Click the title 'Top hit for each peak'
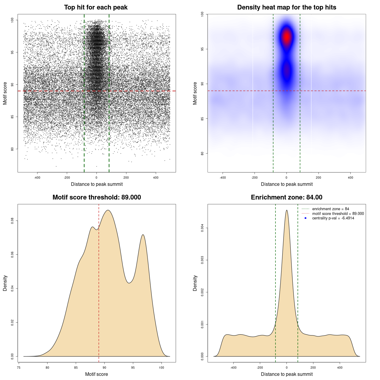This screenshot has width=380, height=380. (96, 7)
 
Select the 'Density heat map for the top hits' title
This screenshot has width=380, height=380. (286, 7)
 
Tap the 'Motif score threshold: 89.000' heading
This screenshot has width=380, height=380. (96, 197)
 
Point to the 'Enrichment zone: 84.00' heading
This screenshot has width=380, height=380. (286, 197)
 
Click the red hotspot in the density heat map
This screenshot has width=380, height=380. (286, 37)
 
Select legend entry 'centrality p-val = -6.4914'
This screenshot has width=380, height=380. (333, 218)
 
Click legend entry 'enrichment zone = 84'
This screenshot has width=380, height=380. (330, 209)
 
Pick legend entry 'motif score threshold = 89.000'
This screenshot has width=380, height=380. (338, 214)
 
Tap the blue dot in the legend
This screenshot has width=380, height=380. (305, 218)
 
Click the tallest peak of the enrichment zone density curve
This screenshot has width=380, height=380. (286, 210)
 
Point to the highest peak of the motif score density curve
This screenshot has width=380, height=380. (108, 210)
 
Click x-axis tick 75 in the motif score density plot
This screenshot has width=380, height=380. (19, 368)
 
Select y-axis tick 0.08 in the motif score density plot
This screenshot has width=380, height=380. (12, 221)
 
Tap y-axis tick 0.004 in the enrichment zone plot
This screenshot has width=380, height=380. (202, 228)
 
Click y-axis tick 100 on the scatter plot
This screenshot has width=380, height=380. (12, 20)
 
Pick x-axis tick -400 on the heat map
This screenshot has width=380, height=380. (222, 178)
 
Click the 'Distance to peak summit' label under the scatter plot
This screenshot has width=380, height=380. (97, 184)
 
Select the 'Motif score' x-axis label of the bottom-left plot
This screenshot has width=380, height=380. (96, 374)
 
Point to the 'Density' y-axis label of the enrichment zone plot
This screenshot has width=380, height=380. (195, 283)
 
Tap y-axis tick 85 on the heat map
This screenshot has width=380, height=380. (202, 119)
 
